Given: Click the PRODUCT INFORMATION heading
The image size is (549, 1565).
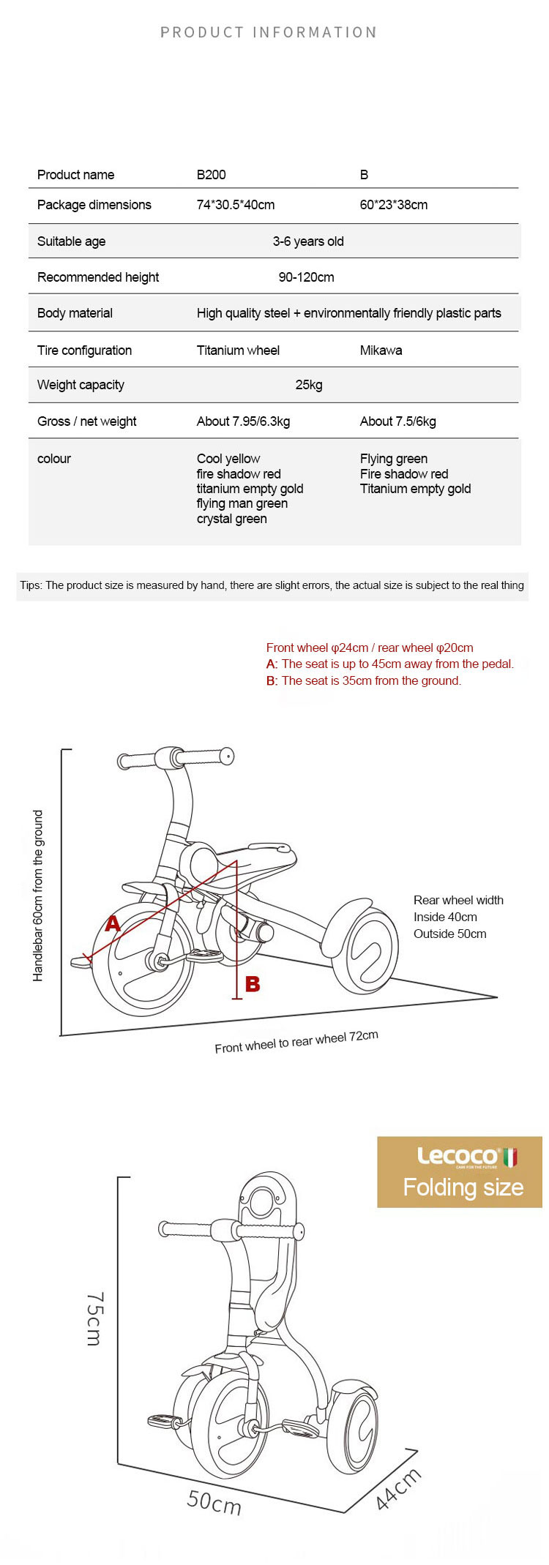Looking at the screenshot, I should point(269,33).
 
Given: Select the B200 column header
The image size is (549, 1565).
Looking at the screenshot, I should point(211,175).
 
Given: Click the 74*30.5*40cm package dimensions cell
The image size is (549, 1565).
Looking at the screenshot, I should point(236,205).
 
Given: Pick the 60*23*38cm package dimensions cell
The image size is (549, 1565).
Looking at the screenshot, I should point(393,205).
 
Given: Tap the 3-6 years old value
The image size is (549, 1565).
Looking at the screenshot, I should point(307,241).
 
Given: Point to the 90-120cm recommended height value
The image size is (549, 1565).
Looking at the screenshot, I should point(306,277).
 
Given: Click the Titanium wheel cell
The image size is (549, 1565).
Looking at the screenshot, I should point(238,350).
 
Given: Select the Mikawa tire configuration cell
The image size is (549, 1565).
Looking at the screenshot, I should point(381,350).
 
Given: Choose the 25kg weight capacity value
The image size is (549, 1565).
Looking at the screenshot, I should point(308,385).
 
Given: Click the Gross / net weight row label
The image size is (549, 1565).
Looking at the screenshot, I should point(86,421).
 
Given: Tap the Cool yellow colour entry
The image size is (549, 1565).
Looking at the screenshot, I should point(228,459).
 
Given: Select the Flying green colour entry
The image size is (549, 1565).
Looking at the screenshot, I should point(393,459).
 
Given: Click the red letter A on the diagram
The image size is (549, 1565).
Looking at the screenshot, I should point(112,923).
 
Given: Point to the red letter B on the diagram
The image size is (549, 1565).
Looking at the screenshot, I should point(253,984).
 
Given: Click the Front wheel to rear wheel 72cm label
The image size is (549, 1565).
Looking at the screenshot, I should point(296,1042).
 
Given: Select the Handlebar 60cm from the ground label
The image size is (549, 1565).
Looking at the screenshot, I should point(38,896).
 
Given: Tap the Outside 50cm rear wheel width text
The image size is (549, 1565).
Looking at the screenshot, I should point(449,934).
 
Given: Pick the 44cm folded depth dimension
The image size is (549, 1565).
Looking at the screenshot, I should point(398,1489).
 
